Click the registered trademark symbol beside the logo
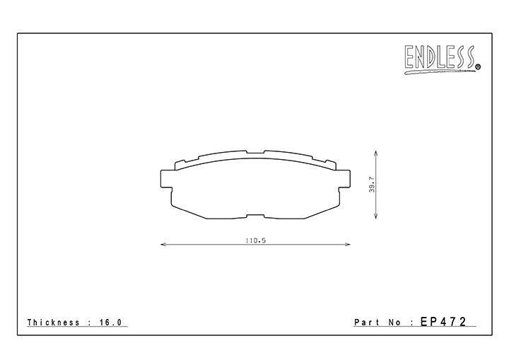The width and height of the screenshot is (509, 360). [x=479, y=68]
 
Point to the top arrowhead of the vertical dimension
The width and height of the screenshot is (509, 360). [x=375, y=152]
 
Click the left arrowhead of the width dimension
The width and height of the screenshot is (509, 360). [x=164, y=245]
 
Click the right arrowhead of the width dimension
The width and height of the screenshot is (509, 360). [x=349, y=245]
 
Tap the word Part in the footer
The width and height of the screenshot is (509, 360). [x=367, y=323]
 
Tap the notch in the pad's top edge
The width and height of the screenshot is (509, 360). [x=256, y=152]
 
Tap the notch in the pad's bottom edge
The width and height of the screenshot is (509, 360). [x=256, y=215]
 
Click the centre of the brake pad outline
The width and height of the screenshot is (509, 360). [x=256, y=185]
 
